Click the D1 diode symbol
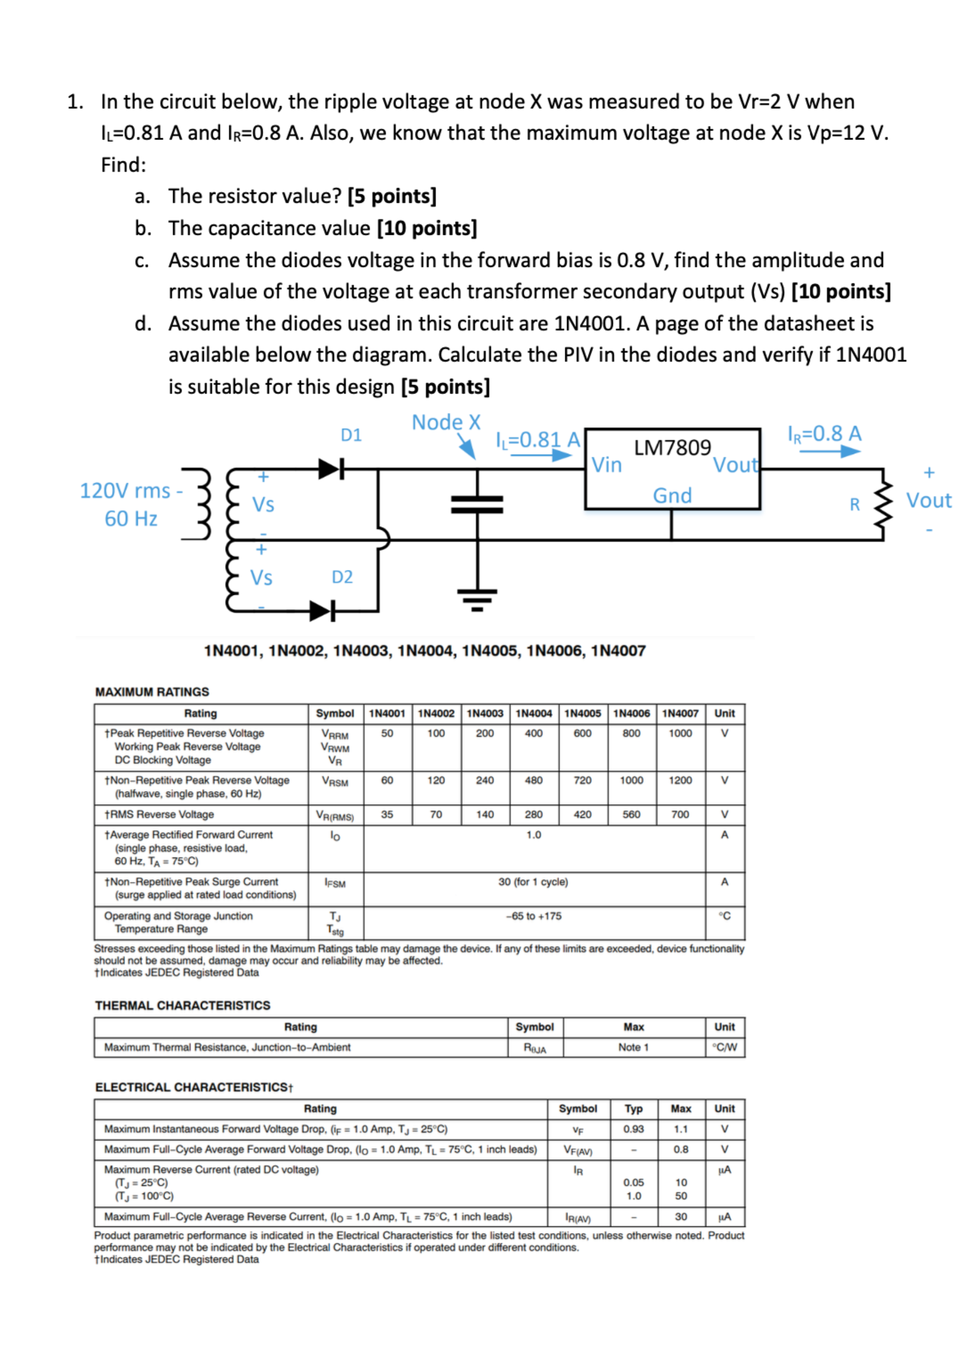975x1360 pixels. click(331, 468)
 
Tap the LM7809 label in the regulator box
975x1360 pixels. click(672, 447)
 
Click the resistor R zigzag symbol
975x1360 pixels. click(883, 504)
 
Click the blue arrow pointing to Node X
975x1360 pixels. click(467, 446)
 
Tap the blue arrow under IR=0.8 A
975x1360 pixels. click(829, 451)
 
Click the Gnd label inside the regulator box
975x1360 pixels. click(672, 496)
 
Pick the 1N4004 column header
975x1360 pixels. click(533, 713)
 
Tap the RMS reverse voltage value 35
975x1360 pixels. click(387, 814)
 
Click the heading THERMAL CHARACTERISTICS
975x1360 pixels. click(182, 1005)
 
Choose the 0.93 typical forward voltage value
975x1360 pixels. click(633, 1129)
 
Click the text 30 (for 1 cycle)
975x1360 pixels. click(533, 881)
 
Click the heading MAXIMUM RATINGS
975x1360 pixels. click(152, 692)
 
